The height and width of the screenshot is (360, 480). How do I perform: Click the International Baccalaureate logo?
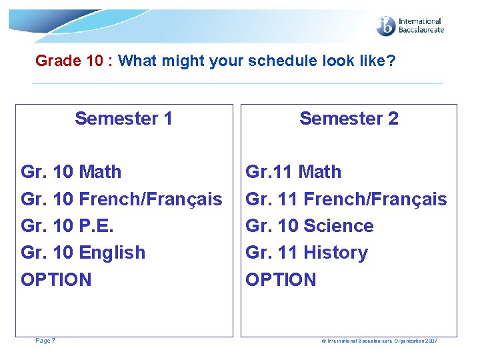click(410, 26)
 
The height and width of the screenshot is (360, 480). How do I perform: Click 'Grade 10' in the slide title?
click(69, 61)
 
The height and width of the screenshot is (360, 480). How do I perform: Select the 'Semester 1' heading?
click(123, 119)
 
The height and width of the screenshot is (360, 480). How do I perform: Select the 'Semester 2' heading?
click(349, 119)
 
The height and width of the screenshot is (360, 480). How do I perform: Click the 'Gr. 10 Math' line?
click(71, 172)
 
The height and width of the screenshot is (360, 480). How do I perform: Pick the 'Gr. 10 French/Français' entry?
click(121, 199)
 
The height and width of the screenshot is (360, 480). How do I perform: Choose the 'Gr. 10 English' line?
click(83, 253)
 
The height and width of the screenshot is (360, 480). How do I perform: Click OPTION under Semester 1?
click(56, 279)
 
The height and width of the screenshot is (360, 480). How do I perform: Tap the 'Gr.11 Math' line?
click(293, 172)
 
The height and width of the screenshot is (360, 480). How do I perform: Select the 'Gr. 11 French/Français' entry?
click(346, 199)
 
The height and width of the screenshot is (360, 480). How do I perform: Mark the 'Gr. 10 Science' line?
click(309, 226)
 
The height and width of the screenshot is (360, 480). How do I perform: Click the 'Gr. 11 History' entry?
click(307, 253)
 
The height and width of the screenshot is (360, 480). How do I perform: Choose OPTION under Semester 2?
click(281, 279)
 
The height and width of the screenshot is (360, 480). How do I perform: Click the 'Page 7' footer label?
click(45, 341)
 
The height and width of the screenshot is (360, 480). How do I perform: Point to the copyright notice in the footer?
click(379, 341)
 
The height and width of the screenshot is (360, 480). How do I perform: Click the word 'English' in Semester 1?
click(112, 253)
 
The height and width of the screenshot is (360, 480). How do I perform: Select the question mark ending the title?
click(391, 61)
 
